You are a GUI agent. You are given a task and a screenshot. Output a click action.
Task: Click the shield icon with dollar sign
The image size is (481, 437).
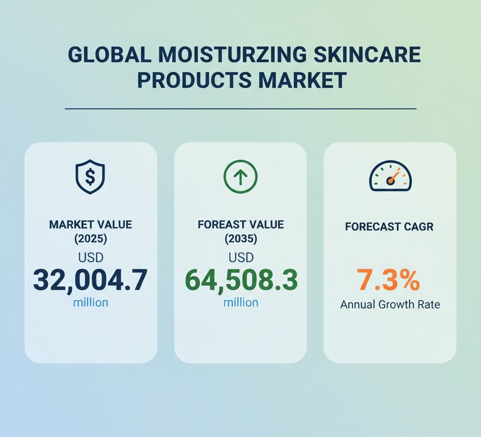point(90,176)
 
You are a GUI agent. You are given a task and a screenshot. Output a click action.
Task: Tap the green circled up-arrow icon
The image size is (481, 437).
point(240,176)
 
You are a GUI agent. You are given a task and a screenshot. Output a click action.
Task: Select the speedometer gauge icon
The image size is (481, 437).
point(390,177)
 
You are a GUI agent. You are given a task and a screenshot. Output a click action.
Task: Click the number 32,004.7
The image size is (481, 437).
point(90,280)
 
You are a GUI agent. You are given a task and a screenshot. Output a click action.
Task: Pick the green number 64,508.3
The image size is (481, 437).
point(240,280)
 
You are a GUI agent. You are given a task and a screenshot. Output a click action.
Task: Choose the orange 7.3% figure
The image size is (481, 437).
point(388,280)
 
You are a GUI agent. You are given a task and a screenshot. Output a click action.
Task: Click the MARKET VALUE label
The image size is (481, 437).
point(90,225)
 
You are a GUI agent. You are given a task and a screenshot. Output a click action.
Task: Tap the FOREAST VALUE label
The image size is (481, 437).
point(240,225)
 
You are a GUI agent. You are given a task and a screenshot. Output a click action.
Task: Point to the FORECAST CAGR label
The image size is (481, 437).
point(389,227)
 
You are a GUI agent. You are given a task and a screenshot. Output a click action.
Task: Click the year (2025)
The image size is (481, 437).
point(90,239)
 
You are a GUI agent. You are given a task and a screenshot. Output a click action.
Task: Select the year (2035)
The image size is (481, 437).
point(240,239)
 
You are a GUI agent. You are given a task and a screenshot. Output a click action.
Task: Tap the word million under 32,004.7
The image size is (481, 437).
point(90,302)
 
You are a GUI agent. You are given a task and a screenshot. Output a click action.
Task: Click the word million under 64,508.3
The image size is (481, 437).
point(240,302)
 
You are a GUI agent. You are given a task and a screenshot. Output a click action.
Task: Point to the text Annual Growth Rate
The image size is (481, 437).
point(390,304)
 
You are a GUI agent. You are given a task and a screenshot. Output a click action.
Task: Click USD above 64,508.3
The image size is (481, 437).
point(240,257)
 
